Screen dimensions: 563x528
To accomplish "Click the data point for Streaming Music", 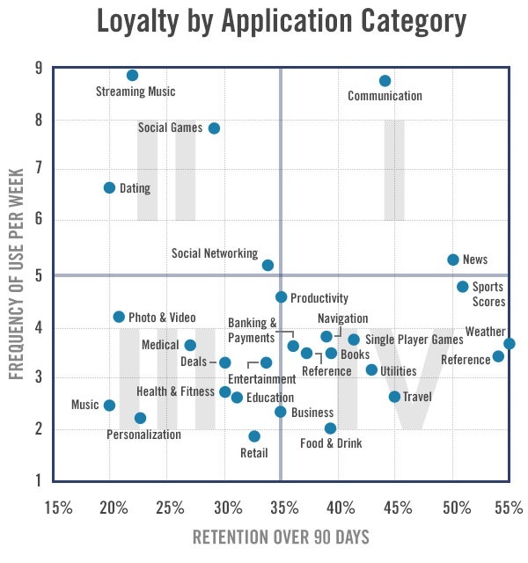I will coord(132,76).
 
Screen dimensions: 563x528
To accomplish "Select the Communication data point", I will coord(385,81).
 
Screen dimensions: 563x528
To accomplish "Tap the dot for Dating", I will coord(109,187).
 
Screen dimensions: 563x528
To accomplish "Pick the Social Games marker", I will coord(214,128).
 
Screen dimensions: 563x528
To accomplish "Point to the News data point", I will coord(452,260).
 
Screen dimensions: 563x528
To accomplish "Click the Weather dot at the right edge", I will coord(510,344).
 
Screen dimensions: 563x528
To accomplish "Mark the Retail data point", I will coord(254,436).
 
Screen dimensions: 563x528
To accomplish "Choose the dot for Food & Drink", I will coord(330,428).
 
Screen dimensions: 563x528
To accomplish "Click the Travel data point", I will coord(394,397).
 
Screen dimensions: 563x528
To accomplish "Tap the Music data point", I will coord(109,406).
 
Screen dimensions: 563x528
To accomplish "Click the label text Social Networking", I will coord(215,253).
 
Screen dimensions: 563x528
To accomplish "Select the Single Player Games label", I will coord(414,340).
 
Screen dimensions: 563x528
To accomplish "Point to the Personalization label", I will coord(143,435).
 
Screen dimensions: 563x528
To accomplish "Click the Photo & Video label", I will coord(162,318).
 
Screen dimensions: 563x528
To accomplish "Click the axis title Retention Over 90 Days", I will coord(281,537).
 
